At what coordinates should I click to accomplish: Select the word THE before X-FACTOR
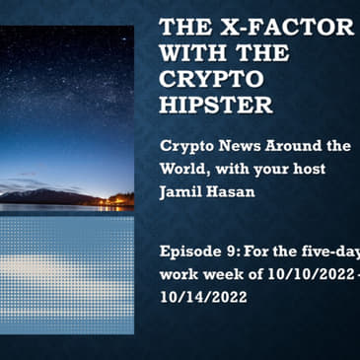[x=186, y=27]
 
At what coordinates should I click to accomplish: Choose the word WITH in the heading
[x=192, y=52]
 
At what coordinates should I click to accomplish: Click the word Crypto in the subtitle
[x=185, y=146]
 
